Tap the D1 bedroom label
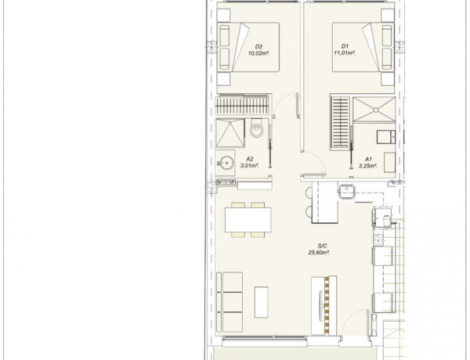[x=344, y=46]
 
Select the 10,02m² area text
[x=258, y=54]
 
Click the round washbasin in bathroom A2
[x=226, y=164]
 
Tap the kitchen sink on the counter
[x=346, y=192]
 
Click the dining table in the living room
[x=248, y=218]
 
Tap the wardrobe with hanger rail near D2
[x=241, y=106]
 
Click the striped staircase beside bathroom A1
[x=340, y=121]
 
